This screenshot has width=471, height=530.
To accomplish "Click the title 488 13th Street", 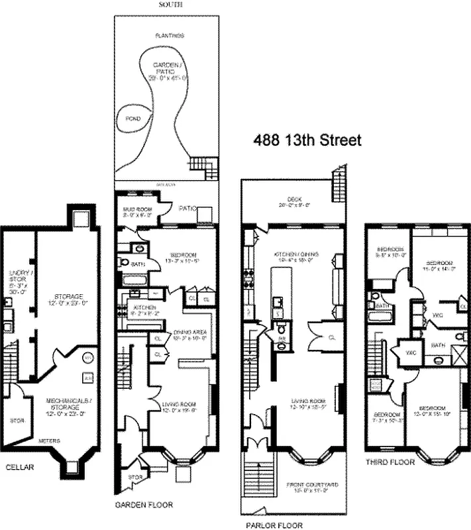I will [x=307, y=140].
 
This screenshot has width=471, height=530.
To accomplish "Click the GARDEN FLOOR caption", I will [x=144, y=505].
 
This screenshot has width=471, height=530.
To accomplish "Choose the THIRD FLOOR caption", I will [x=390, y=462].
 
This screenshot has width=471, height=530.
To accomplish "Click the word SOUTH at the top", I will [x=167, y=5].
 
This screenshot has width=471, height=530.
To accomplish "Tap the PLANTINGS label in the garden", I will [x=169, y=35].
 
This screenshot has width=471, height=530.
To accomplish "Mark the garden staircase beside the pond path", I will [x=203, y=167].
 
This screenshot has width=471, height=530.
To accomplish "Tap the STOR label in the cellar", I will [x=14, y=419].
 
